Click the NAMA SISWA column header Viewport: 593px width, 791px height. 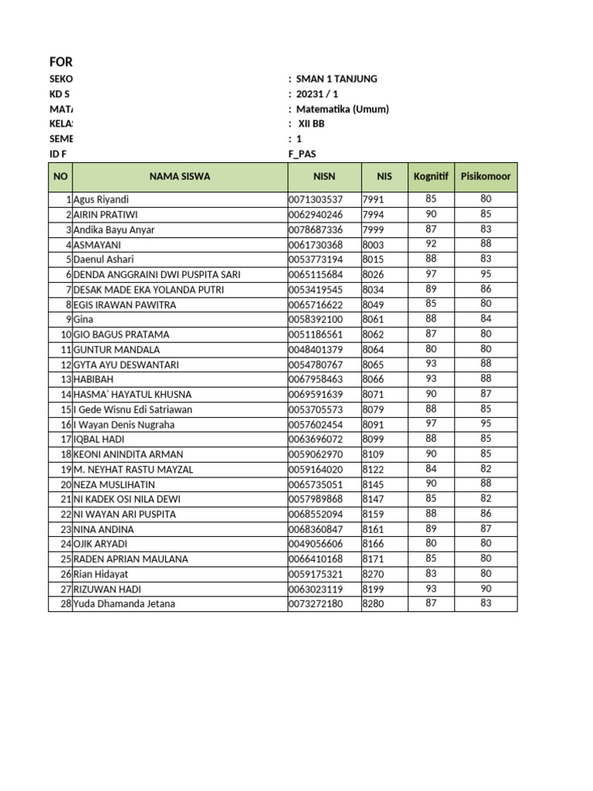pos(179,177)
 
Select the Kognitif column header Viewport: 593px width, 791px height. pos(431,177)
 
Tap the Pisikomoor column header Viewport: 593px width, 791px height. pos(485,177)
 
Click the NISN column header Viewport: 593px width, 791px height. pos(324,177)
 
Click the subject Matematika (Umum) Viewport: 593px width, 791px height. pos(342,109)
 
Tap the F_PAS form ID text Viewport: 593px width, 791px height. pos(302,154)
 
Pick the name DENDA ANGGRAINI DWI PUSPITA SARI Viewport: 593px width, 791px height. pos(157,274)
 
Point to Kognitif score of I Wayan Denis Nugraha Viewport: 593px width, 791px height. pos(431,424)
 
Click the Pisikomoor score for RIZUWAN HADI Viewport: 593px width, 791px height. pos(485,589)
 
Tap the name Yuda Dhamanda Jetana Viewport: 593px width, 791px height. pos(124,604)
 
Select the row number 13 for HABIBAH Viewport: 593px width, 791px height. pos(66,379)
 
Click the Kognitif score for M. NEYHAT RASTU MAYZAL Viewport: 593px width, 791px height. pos(431,470)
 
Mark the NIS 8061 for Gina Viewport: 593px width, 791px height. pos(373,320)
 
